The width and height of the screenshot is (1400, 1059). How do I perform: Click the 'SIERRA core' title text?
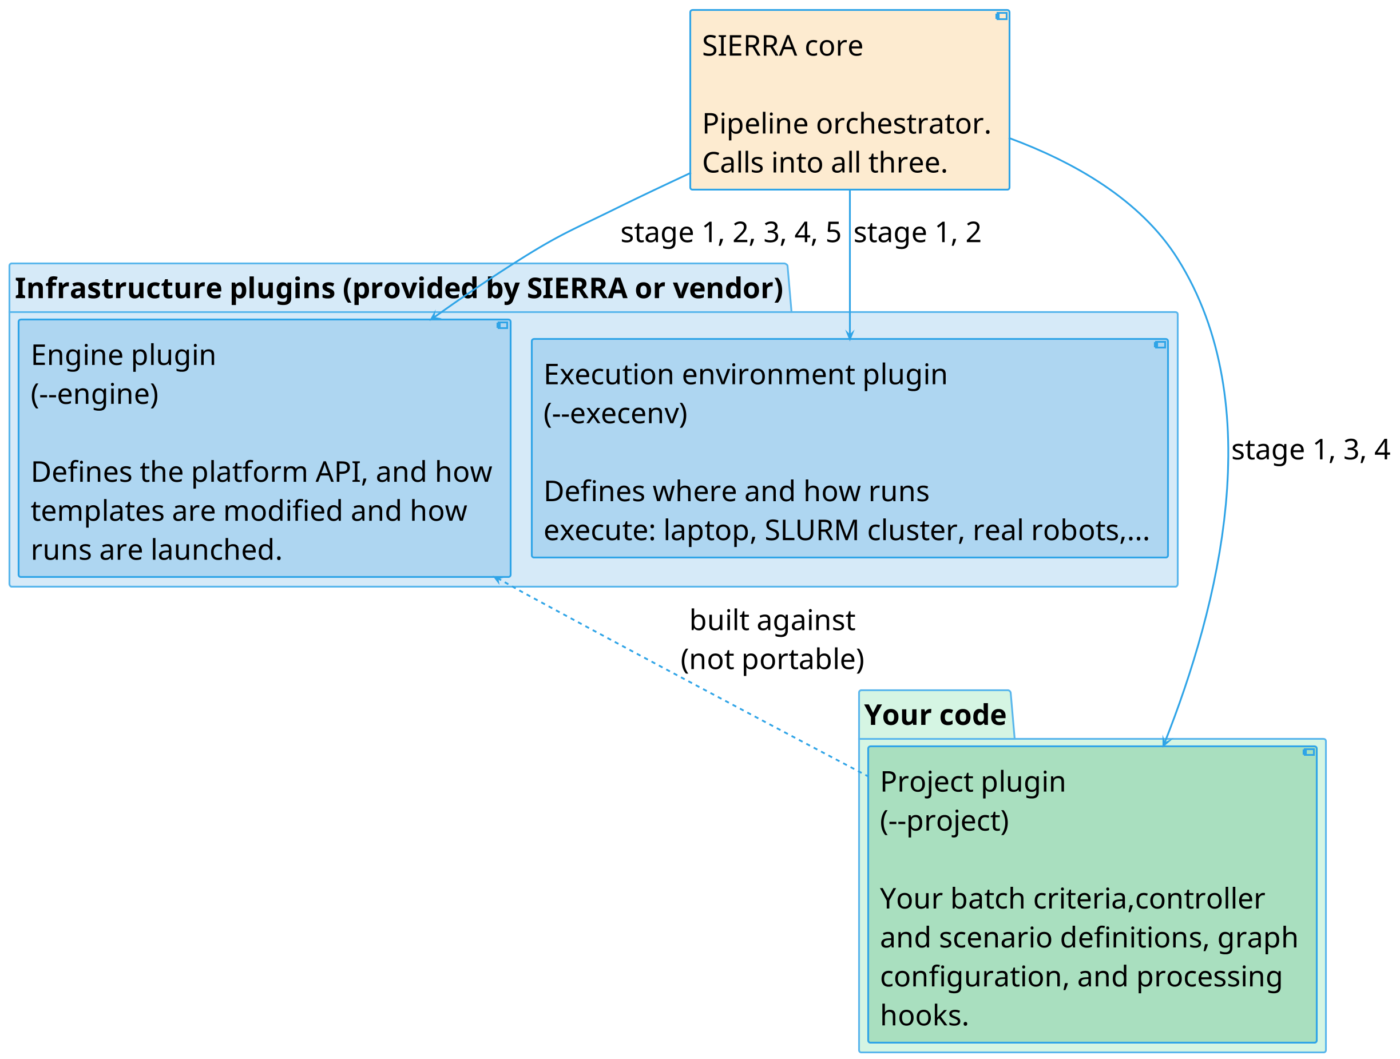782,46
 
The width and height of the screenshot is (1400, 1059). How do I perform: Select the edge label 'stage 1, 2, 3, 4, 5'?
731,233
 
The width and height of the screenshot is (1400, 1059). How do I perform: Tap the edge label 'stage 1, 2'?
917,233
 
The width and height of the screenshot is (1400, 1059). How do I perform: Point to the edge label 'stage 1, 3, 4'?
1310,450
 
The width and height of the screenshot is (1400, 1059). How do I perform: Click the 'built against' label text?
772,620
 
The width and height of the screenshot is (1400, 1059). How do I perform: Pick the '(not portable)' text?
772,660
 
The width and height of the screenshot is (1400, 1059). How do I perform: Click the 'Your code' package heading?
935,715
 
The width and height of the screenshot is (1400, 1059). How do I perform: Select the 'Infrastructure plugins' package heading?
399,289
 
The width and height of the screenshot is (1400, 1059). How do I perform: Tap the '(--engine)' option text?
95,394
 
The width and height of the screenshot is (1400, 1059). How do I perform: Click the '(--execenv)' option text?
615,414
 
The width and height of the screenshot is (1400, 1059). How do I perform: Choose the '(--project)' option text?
945,821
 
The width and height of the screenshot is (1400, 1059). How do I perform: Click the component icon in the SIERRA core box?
1001,16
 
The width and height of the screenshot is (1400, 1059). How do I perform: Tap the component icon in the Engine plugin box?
502,326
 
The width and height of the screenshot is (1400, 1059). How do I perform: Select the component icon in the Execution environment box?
1160,345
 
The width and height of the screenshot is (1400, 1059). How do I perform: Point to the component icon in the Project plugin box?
1308,752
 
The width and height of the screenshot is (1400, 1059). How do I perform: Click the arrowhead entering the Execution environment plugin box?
850,335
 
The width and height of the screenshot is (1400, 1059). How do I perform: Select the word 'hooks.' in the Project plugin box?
924,1016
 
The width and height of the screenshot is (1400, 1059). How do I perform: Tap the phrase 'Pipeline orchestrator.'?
847,124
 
